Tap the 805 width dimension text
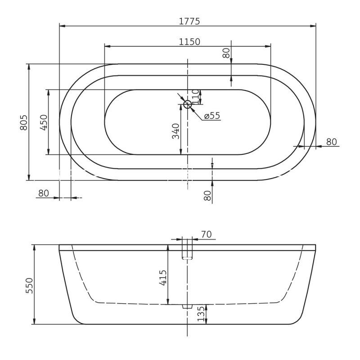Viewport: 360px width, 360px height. [x=24, y=122]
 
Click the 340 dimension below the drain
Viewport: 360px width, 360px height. [x=176, y=130]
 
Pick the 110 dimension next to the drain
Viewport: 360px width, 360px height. [x=195, y=95]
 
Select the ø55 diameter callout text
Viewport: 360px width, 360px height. [x=211, y=116]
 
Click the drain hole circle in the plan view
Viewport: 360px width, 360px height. [x=188, y=105]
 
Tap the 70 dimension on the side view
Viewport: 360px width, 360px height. [x=206, y=234]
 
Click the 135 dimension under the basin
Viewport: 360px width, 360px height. [x=201, y=314]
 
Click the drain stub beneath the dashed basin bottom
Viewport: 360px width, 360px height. [x=184, y=306]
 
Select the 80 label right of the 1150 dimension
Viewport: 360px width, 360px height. [x=226, y=53]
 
